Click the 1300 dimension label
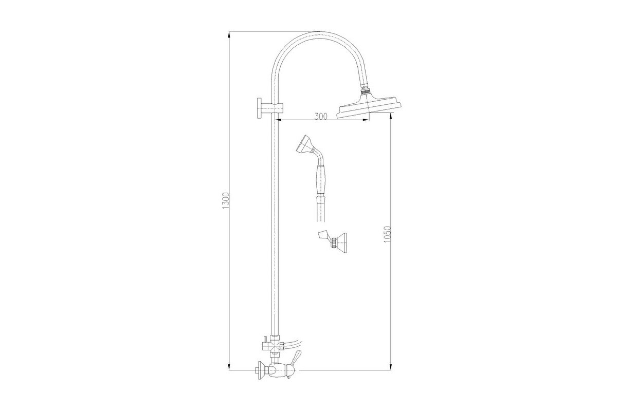pos(226,200)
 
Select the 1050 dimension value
pos(387,234)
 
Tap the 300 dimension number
pos(321,117)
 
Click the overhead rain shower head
pos(369,106)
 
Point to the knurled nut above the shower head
pos(366,90)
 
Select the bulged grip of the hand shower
pos(321,180)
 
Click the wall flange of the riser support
pos(259,108)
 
